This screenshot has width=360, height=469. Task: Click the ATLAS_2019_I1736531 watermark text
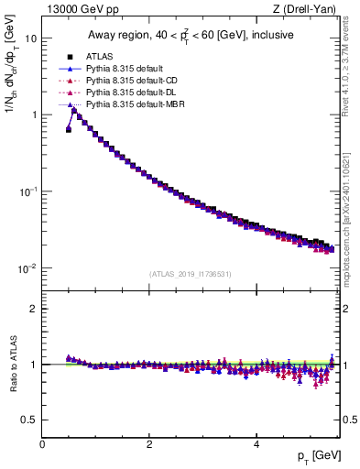pos(191,274)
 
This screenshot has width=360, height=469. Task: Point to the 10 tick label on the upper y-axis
pos(30,38)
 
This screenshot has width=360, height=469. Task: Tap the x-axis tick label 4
pos(256,444)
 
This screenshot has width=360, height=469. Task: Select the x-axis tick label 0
pos(42,444)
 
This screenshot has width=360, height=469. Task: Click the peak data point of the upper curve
pos(74,112)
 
